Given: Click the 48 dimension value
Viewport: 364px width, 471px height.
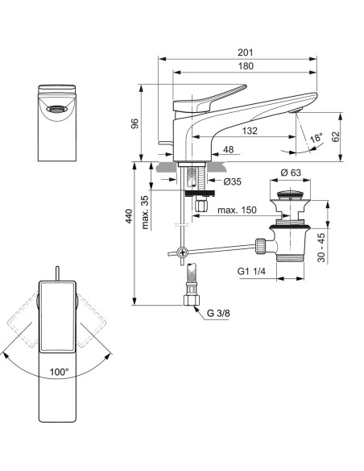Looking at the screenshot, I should coord(228,149).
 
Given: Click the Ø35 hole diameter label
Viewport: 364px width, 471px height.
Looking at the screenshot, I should coord(232,181).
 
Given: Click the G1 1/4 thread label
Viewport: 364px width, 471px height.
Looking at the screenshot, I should coord(253,272).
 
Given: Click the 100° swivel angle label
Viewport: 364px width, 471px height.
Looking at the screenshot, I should coord(59,373).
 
